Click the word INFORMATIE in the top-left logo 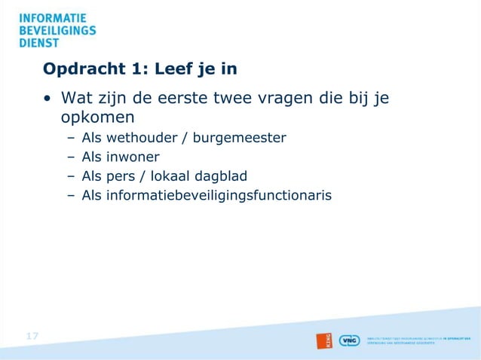(52, 17)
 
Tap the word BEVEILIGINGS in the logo (57, 30)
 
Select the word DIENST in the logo (39, 43)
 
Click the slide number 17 (32, 336)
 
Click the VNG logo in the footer (349, 340)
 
